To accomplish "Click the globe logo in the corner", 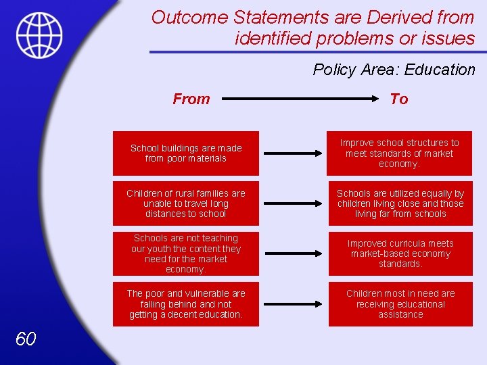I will [39, 35].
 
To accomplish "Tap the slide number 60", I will [26, 339].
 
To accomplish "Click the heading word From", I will [191, 99].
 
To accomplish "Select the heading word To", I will [399, 99].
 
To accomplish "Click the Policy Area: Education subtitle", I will [394, 70].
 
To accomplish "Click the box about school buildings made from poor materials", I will [186, 153].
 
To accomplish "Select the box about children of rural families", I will [186, 203].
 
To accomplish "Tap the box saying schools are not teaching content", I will [186, 253].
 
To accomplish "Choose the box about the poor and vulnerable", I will [186, 304].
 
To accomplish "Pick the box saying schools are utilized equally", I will [400, 203].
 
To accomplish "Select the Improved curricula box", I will [400, 253].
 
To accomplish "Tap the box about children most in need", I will [400, 304].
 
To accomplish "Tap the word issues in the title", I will [447, 39].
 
